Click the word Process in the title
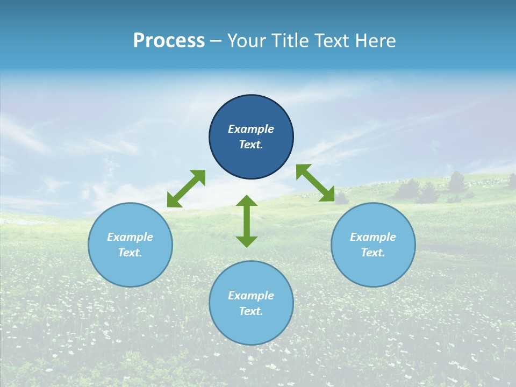tap(169, 41)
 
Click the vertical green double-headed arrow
tap(247, 221)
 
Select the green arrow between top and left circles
tap(186, 189)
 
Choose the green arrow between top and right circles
tap(315, 183)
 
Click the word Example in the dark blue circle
tap(251, 129)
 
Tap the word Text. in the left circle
tap(130, 253)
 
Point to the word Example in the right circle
tap(373, 237)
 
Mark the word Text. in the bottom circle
tap(251, 311)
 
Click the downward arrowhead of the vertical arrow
tap(247, 240)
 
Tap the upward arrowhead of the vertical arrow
tap(247, 202)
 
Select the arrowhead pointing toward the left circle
tap(173, 200)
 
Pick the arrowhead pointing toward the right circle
tap(327, 195)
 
